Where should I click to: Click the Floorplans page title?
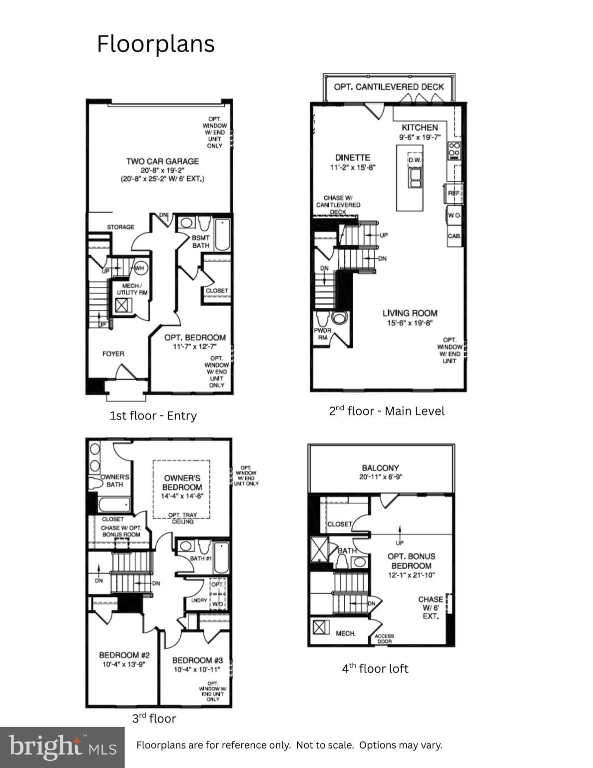155,44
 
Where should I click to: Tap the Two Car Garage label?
162,161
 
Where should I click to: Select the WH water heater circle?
139,268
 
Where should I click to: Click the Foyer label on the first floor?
113,353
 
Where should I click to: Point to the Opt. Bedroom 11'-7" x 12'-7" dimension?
195,346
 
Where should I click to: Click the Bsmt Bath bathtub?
222,234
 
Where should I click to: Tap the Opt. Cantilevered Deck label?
389,87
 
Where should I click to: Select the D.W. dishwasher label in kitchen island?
415,160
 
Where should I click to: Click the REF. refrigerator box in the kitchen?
454,193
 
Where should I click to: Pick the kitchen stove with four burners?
454,149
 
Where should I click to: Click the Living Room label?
410,313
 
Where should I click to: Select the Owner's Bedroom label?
182,482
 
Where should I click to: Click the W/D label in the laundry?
218,603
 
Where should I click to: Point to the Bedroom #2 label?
124,655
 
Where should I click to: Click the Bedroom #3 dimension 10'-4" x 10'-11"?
197,669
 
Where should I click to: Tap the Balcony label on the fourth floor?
380,468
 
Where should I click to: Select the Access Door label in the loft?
384,638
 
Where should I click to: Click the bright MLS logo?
62,747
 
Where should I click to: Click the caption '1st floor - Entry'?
153,415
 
